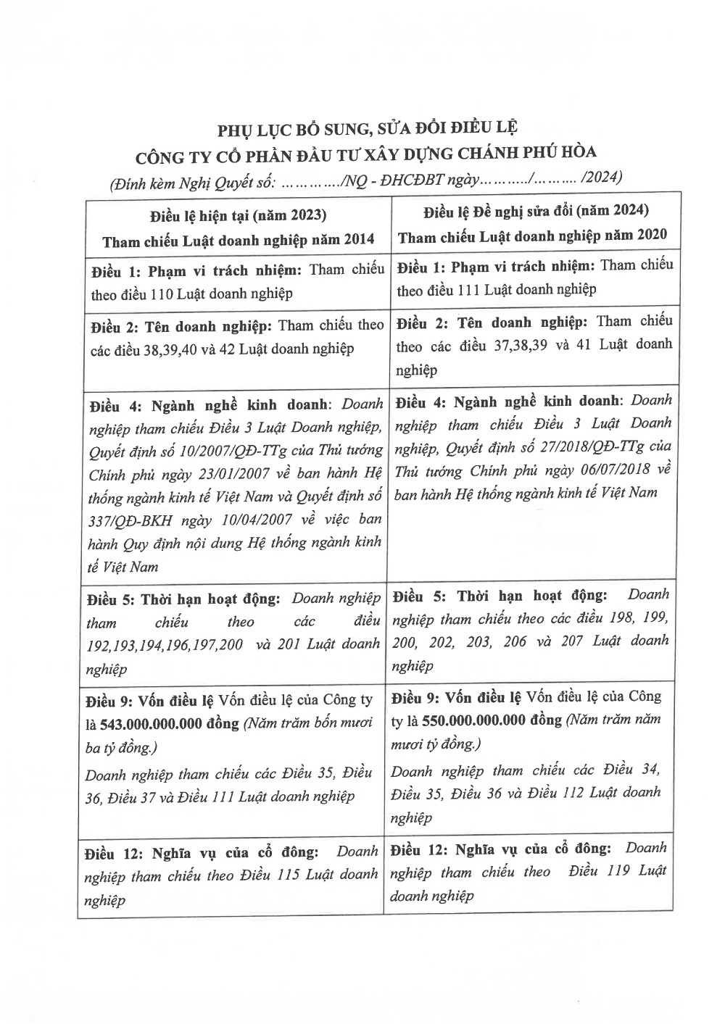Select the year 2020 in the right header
pyautogui.click(x=650, y=236)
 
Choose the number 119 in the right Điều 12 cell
pyautogui.click(x=623, y=871)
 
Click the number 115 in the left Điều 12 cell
pyautogui.click(x=291, y=875)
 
